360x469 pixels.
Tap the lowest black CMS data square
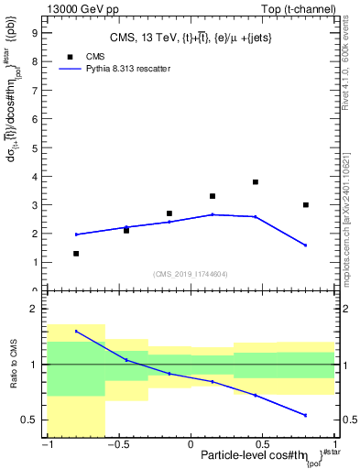[76, 254]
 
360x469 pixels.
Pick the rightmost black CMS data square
[306, 205]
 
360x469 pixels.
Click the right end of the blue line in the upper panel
[306, 245]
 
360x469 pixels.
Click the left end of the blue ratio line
[76, 332]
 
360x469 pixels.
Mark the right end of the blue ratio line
[306, 416]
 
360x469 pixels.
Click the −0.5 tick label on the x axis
[117, 444]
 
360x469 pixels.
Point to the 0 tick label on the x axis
[191, 444]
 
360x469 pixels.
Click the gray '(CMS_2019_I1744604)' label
[191, 273]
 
